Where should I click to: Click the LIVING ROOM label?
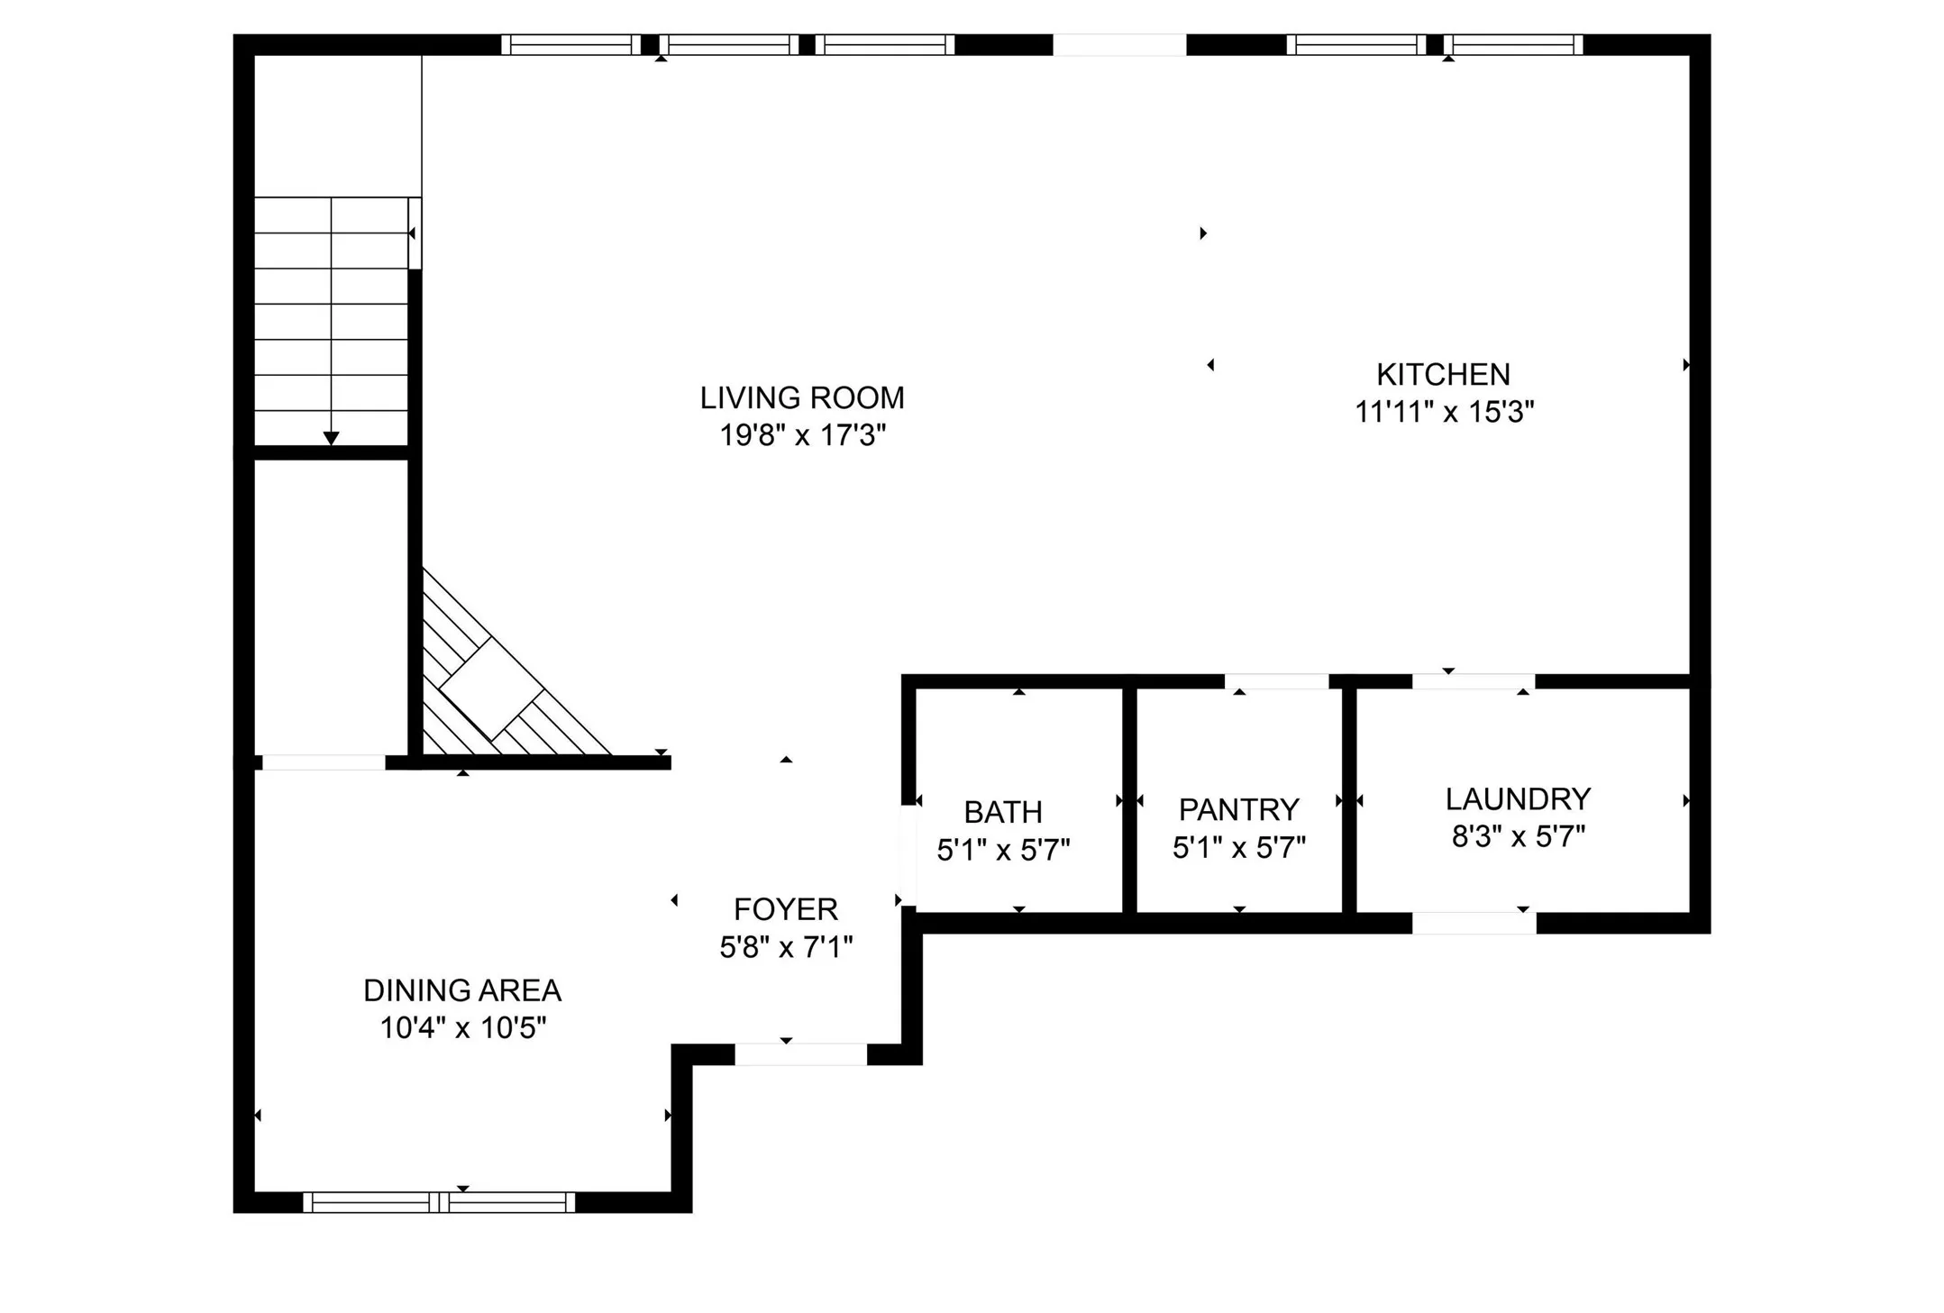pyautogui.click(x=801, y=397)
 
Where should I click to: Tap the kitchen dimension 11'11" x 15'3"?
pyautogui.click(x=1444, y=413)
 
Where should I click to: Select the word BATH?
pyautogui.click(x=1002, y=812)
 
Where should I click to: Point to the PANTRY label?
pyautogui.click(x=1238, y=809)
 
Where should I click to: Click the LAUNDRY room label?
pyautogui.click(x=1518, y=799)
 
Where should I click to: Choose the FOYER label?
pyautogui.click(x=785, y=909)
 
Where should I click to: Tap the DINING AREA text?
pyautogui.click(x=461, y=990)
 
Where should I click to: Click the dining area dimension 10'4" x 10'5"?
pyautogui.click(x=462, y=1028)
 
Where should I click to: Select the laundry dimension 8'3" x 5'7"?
pyautogui.click(x=1518, y=837)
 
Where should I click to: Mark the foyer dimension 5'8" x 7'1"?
pyautogui.click(x=785, y=947)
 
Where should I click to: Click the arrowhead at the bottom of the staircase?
pyautogui.click(x=331, y=438)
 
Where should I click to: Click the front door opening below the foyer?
pyautogui.click(x=800, y=1054)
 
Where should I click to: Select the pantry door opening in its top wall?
pyautogui.click(x=1276, y=681)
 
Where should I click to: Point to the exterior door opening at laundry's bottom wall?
pyautogui.click(x=1474, y=923)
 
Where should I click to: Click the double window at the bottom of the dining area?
pyautogui.click(x=439, y=1202)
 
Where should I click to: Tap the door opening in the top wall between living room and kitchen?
pyautogui.click(x=1118, y=44)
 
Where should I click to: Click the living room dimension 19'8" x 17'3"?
pyautogui.click(x=801, y=436)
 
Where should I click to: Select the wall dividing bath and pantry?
pyautogui.click(x=1128, y=800)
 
